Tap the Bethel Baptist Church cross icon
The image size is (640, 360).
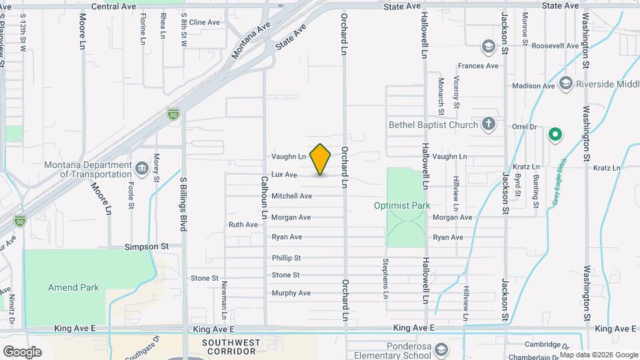pyautogui.click(x=489, y=124)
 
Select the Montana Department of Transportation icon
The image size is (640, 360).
pyautogui.click(x=141, y=166)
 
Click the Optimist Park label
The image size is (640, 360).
pyautogui.click(x=401, y=205)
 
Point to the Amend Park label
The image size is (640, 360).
pyautogui.click(x=73, y=287)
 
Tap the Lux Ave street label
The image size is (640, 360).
pyautogui.click(x=284, y=175)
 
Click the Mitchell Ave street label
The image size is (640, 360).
pyautogui.click(x=291, y=196)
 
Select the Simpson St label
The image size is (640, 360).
pyautogui.click(x=147, y=246)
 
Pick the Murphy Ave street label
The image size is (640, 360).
pyautogui.click(x=291, y=293)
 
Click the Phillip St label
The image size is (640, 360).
pyautogui.click(x=287, y=258)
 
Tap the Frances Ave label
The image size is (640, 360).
pyautogui.click(x=478, y=66)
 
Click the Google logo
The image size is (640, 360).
pyautogui.click(x=22, y=351)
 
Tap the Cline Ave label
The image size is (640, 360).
pyautogui.click(x=204, y=22)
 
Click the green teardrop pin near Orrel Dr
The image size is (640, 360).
pyautogui.click(x=555, y=135)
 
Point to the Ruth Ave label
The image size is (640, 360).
pyautogui.click(x=243, y=225)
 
